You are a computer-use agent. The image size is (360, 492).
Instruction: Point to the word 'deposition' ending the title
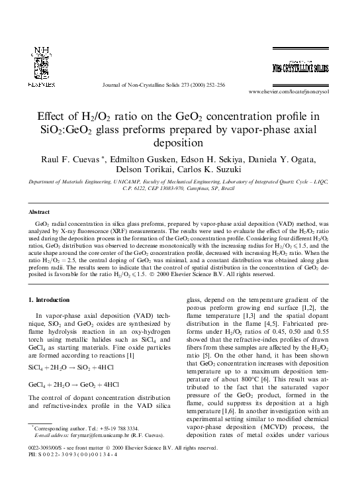coord(180,142)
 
